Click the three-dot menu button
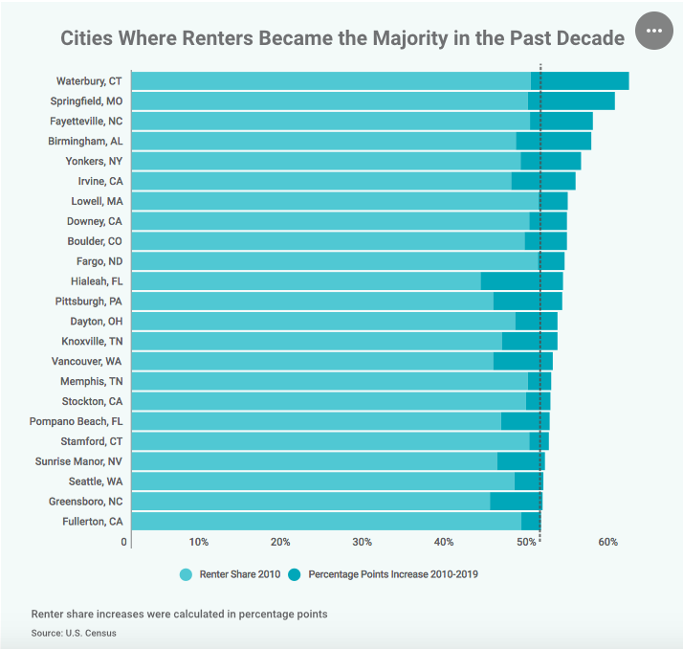coord(654,31)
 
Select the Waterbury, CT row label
coord(89,80)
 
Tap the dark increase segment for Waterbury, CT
coord(580,80)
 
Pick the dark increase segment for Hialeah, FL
coord(521,281)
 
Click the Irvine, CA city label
coord(99,181)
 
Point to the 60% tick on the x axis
coord(607,543)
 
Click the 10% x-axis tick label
coord(198,543)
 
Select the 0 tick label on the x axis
coord(124,543)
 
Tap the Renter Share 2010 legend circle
coord(187,574)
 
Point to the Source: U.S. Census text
coord(74,634)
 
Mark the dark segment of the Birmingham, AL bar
coord(553,141)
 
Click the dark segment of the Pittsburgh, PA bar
coord(527,302)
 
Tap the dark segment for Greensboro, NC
coord(516,502)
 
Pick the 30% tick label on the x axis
coord(362,543)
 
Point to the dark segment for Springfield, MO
coord(571,101)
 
